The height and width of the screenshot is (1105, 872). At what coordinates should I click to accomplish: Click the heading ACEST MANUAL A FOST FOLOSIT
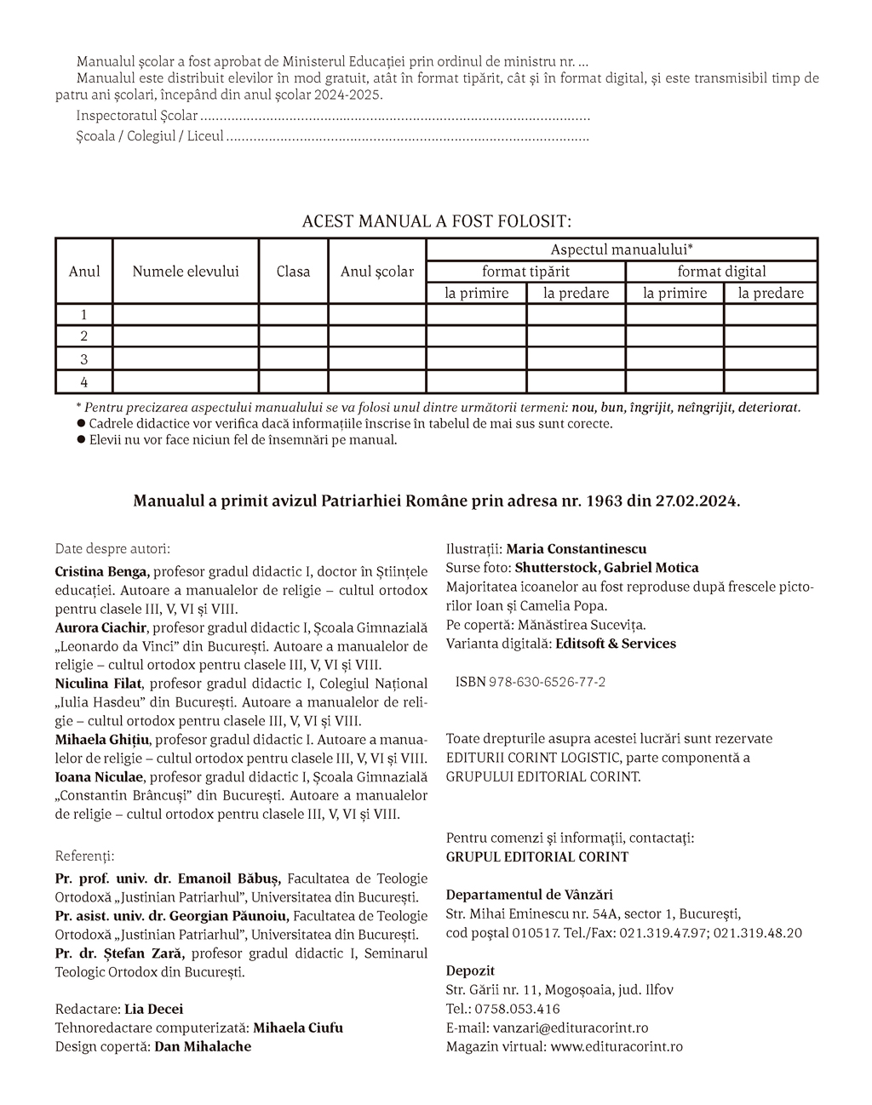pos(436,221)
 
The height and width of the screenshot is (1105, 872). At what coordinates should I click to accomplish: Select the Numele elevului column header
pos(186,272)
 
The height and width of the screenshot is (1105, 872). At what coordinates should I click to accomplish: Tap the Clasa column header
pos(293,272)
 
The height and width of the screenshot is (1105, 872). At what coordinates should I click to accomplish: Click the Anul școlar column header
pos(377,272)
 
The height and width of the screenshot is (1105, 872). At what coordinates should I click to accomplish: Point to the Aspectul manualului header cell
pos(622,249)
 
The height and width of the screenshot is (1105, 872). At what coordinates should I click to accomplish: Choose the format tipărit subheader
pos(525,272)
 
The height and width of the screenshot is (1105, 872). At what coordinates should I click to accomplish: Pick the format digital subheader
pos(721,272)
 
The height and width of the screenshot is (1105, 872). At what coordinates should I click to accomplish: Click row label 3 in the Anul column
pos(83,359)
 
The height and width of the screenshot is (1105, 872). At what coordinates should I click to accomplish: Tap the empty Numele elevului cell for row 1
pos(186,315)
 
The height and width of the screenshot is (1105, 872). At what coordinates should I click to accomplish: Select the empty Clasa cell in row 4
pos(293,382)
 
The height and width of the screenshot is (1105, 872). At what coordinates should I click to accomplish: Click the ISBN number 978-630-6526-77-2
pos(547,682)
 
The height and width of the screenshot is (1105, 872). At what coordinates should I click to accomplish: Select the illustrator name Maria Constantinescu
pos(577,549)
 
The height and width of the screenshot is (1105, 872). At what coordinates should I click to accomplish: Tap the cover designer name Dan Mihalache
pos(203,1046)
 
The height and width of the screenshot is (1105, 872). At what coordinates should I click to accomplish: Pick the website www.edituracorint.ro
pos(616,1046)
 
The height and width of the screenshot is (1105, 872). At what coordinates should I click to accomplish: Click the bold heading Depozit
pos(470,970)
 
